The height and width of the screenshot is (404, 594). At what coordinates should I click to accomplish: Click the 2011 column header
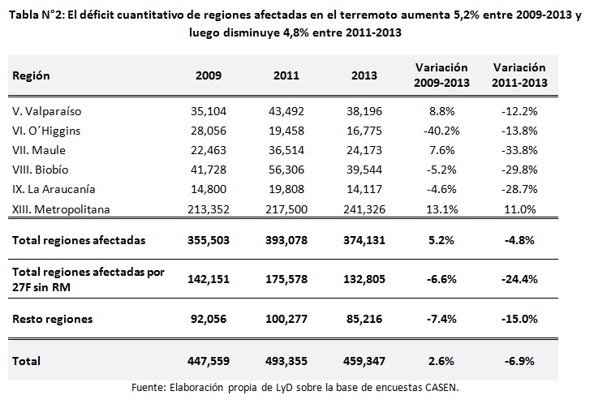tap(286, 75)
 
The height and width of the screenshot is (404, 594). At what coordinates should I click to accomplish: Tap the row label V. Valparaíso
tap(47, 110)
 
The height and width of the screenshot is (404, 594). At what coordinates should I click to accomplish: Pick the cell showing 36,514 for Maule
tap(286, 149)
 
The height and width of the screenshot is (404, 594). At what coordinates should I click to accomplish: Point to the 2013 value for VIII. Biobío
tap(364, 170)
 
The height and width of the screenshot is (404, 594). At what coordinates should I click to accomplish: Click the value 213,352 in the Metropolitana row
tap(210, 209)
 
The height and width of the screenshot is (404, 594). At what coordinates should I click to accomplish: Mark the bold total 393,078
tap(286, 240)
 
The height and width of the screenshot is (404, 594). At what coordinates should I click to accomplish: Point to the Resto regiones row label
tap(52, 319)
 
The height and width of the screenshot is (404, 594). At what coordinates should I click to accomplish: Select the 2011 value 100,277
tap(286, 319)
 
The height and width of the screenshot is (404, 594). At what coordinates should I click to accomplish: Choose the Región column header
tap(31, 75)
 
